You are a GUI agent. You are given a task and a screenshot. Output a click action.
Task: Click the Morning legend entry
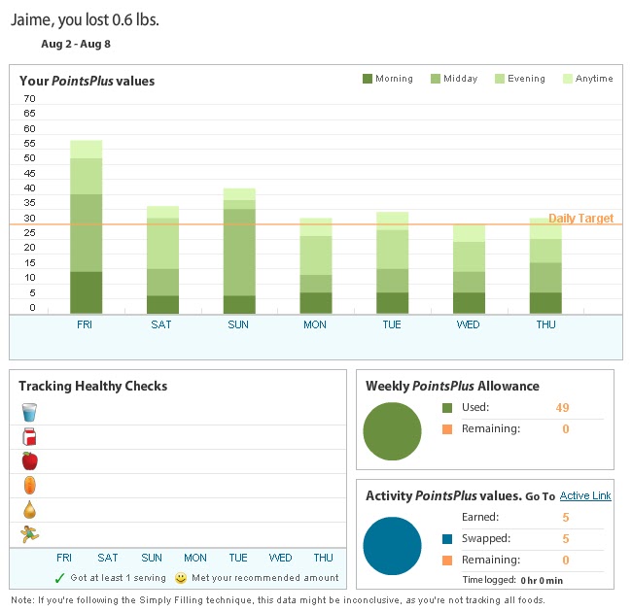pos(388,79)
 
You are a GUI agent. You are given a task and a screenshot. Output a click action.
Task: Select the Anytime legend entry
pos(587,79)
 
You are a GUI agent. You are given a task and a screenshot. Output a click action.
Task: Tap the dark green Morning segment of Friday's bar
pos(86,292)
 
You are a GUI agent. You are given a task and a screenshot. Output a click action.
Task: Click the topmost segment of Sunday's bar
pos(239,194)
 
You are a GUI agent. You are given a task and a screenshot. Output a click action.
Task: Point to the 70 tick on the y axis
pos(29,99)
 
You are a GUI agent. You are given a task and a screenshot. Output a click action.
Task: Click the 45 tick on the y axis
pos(29,173)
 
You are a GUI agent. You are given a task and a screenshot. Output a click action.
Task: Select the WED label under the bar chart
pos(468,324)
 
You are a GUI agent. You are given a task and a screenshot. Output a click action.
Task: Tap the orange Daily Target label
pos(580,219)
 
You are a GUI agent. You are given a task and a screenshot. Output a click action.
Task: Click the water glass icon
pos(29,413)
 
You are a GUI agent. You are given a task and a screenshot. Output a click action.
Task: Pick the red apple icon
pos(30,461)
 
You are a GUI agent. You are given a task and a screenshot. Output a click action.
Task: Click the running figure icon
pos(30,534)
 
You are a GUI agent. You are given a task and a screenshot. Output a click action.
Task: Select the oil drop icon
pos(30,510)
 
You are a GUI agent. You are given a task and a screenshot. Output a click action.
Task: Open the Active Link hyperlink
pos(585,495)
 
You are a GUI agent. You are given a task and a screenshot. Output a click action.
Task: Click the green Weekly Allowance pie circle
pos(392,431)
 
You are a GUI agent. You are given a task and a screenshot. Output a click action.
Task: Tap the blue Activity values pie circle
pos(392,546)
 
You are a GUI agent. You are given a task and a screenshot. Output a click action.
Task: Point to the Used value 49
pos(562,407)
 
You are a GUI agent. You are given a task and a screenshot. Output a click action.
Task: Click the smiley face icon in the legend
pos(181,578)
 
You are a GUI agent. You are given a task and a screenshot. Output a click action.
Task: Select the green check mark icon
pos(59,578)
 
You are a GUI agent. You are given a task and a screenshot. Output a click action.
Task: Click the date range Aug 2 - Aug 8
pos(76,44)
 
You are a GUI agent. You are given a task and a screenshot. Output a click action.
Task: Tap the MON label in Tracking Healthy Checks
pos(195,558)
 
